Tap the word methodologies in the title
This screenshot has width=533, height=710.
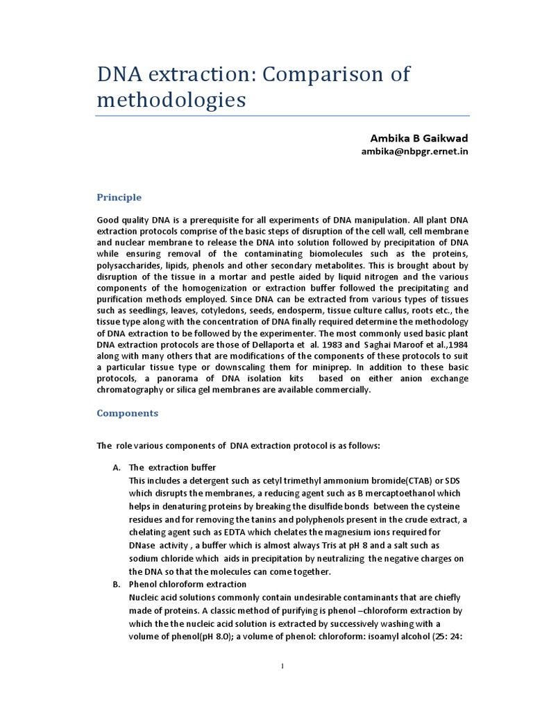click(x=171, y=100)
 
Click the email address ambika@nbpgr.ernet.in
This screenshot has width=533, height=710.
click(x=414, y=152)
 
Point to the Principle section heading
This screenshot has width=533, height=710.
click(x=119, y=198)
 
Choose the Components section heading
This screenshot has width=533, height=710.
click(x=127, y=413)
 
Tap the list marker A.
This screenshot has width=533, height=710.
click(x=117, y=467)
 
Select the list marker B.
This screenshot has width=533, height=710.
click(x=117, y=585)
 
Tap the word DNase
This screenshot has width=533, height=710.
click(x=143, y=546)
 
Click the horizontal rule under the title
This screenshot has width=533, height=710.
click(x=282, y=116)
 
